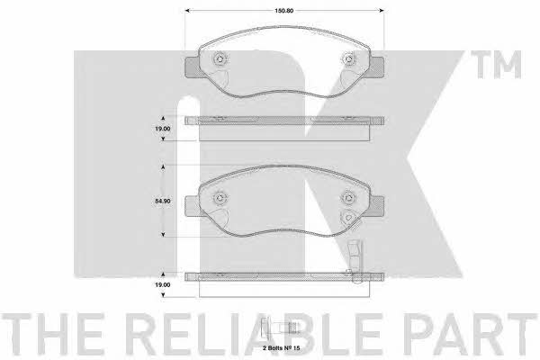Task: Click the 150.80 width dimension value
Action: (x=283, y=11)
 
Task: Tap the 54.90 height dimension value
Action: (x=163, y=201)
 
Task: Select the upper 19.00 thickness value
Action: (x=163, y=129)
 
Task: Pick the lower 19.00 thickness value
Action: (x=163, y=285)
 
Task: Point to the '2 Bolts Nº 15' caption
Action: (x=282, y=348)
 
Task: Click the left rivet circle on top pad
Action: (x=220, y=59)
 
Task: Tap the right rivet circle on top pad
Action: (x=349, y=59)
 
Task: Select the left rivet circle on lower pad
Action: (x=220, y=198)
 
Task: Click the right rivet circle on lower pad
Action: (x=349, y=197)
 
